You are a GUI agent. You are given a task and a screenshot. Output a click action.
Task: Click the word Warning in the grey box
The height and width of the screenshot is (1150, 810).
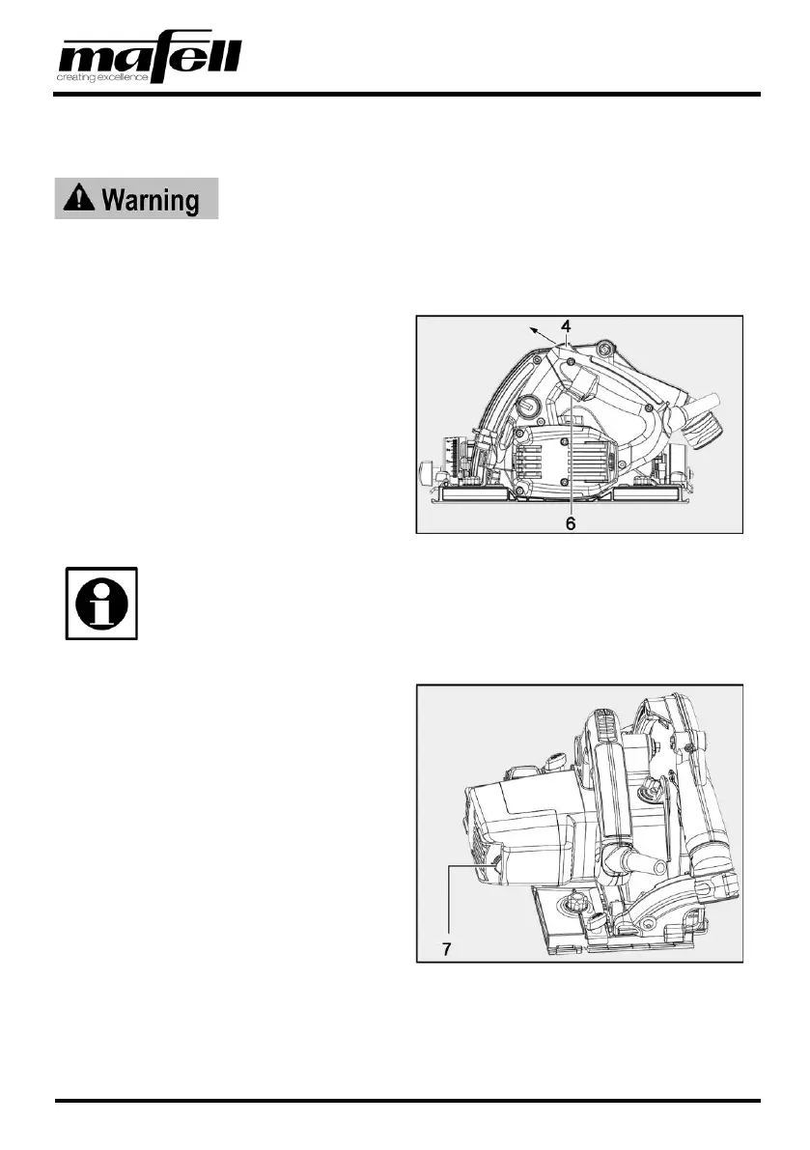[150, 200]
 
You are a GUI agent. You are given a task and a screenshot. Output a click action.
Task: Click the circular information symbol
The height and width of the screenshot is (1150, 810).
[101, 603]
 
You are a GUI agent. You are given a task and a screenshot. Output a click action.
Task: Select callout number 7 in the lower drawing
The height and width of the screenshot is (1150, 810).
[447, 949]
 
